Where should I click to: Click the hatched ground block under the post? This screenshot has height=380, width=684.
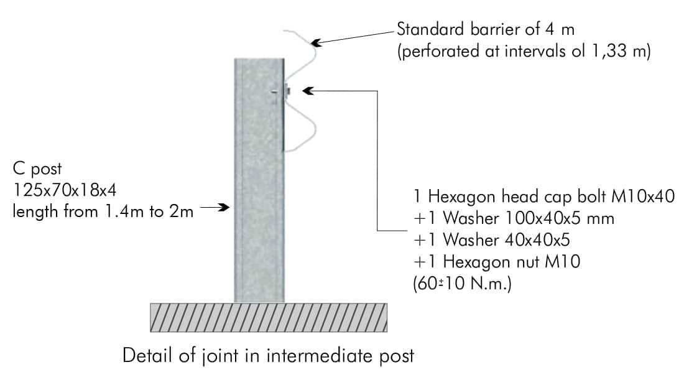tap(269, 318)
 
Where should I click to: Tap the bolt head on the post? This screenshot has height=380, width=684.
tap(287, 91)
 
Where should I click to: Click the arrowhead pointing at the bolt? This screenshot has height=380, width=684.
tap(308, 91)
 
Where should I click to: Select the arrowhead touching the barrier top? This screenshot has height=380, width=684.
tap(316, 43)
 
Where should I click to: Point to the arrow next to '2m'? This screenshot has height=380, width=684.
tap(215, 207)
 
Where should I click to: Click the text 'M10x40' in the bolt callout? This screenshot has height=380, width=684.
tap(642, 197)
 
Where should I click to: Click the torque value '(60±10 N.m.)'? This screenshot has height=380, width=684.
tap(462, 284)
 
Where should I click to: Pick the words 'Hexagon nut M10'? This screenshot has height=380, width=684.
tap(512, 262)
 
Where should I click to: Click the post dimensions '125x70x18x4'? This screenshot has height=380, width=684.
tap(65, 190)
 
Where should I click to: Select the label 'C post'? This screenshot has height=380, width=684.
tap(37, 169)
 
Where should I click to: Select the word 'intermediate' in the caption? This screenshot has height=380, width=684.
tap(319, 356)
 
